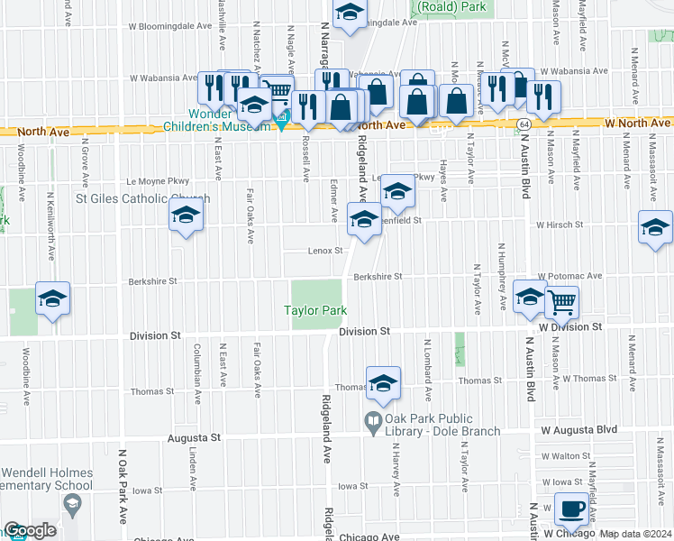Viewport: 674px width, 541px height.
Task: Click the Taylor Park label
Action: (x=315, y=311)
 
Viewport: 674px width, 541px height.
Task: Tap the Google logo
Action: (x=30, y=530)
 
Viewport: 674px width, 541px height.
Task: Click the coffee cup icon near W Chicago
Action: (x=571, y=509)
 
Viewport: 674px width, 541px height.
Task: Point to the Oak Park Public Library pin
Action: (x=371, y=420)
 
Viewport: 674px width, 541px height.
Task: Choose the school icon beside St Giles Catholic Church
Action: (x=187, y=215)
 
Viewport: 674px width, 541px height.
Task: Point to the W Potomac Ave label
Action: (x=569, y=275)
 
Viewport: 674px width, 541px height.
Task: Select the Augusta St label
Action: (x=194, y=438)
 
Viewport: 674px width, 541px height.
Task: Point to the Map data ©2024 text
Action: (x=635, y=534)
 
